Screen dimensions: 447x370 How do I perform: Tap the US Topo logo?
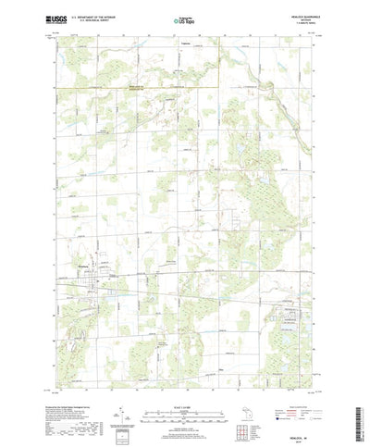tap(184, 18)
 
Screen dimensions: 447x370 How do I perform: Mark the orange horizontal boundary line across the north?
tap(139, 87)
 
